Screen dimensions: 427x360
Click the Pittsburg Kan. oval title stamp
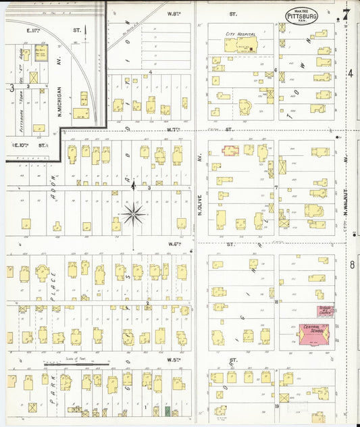(x=301, y=16)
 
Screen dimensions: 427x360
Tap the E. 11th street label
(x=34, y=30)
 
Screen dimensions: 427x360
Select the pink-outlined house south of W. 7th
(x=230, y=150)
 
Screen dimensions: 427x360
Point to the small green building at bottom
(x=167, y=410)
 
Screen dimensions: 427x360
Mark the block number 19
(x=276, y=407)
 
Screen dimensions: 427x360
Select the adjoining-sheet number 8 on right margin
(x=352, y=263)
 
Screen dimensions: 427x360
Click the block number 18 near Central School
(x=276, y=301)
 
